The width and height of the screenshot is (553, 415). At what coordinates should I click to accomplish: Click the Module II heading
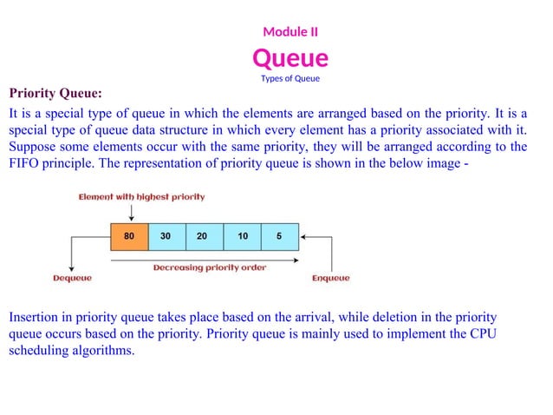pos(290,32)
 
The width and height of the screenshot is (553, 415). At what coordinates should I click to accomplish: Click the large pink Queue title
pos(290,58)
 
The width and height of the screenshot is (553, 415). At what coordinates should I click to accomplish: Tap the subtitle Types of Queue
pos(290,79)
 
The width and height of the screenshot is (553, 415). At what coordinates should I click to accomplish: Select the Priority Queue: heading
pos(55,93)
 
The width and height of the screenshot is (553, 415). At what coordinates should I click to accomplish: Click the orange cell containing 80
pos(129,235)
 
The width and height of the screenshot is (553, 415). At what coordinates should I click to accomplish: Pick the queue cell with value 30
pos(166,235)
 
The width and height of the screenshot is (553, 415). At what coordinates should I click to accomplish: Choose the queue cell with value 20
pos(204,235)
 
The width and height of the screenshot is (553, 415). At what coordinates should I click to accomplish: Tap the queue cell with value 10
pos(242,235)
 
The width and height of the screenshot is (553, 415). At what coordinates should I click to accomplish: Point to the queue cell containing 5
pos(279,235)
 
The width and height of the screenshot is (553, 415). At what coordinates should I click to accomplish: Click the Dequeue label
pos(72,279)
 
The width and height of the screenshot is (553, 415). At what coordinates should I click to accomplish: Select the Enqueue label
pos(331,279)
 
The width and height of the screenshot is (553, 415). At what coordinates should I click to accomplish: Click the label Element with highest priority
pos(142,197)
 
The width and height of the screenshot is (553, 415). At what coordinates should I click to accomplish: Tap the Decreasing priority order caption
pos(210,267)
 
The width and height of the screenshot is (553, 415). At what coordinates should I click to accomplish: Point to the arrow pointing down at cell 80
pos(130,212)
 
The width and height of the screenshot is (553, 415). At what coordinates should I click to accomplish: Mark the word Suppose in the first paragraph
pos(33,146)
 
